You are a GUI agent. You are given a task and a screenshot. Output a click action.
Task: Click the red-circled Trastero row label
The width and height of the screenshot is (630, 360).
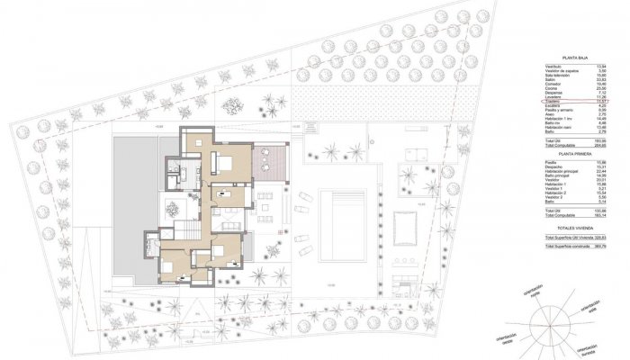pos(553,103)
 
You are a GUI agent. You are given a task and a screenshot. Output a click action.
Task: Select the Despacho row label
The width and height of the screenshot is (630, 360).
pos(554,167)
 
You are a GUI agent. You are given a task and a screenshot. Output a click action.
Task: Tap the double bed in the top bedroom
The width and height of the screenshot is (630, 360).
pos(223,162)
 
